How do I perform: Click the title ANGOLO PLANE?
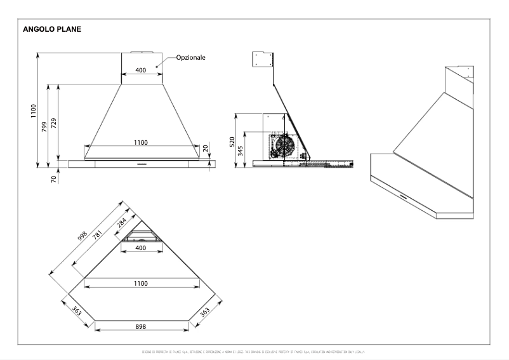click(x=51, y=29)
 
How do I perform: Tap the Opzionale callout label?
click(x=190, y=57)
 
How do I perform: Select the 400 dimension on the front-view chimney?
click(x=140, y=70)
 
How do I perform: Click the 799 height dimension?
click(x=44, y=126)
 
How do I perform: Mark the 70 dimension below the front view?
click(x=55, y=179)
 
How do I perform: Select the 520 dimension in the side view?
click(x=232, y=140)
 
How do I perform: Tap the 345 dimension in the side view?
click(x=241, y=150)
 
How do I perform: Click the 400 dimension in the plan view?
click(x=140, y=247)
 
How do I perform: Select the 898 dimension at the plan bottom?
click(x=141, y=326)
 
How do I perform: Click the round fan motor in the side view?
click(x=281, y=145)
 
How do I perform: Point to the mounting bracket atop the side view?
click(x=261, y=58)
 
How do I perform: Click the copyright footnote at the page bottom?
click(x=254, y=351)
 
